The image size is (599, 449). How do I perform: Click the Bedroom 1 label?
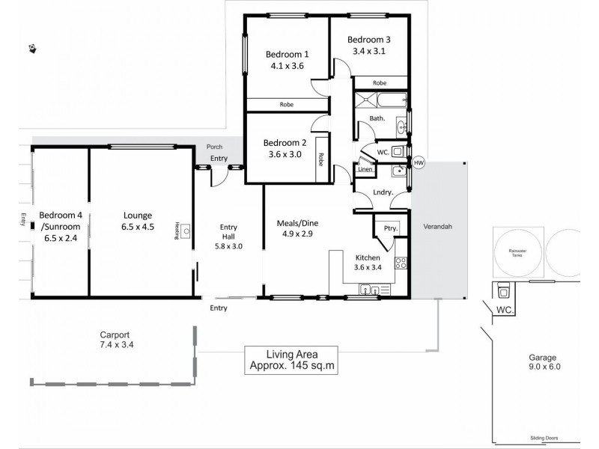287,54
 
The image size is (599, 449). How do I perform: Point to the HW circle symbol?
418,162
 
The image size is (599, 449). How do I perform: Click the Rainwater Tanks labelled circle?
514,251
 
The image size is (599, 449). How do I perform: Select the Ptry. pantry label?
389,228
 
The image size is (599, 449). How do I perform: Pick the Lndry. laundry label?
383,192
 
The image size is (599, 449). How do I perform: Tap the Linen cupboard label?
365,169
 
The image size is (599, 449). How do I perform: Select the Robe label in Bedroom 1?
286,105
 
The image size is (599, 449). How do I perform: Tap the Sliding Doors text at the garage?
541,439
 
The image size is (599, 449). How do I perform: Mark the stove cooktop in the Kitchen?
401,263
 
